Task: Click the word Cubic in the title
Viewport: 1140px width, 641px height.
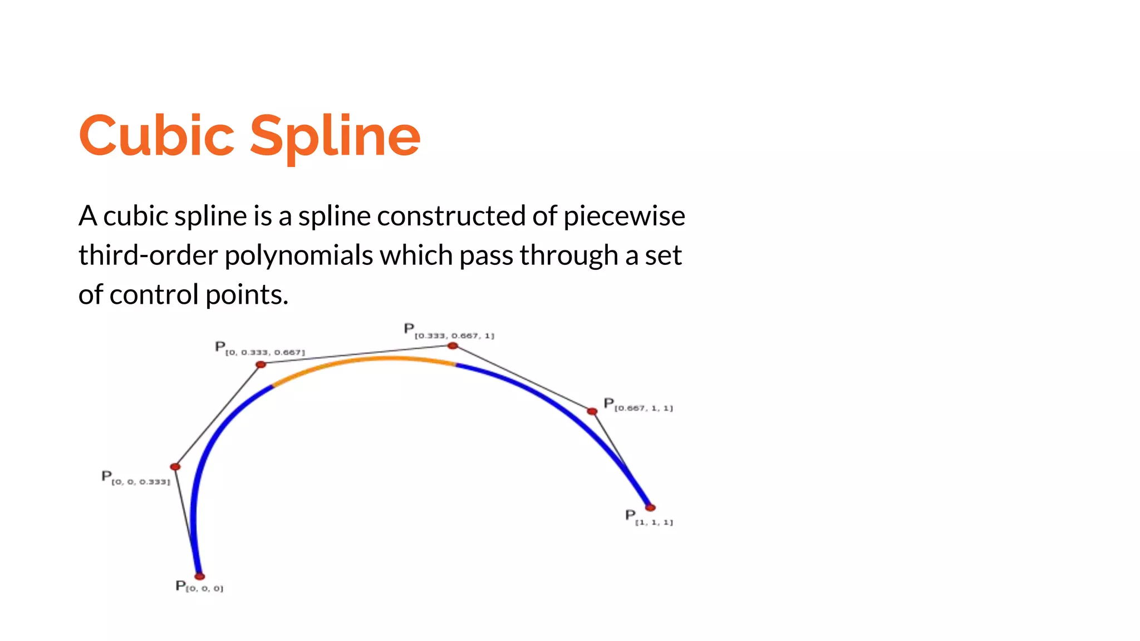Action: click(156, 136)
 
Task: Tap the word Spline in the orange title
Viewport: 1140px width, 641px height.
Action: click(335, 137)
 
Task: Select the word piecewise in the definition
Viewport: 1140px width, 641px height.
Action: click(624, 216)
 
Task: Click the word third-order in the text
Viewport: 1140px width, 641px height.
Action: click(148, 255)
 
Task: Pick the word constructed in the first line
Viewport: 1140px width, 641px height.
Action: click(451, 216)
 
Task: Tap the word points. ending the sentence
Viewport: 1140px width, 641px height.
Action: click(247, 295)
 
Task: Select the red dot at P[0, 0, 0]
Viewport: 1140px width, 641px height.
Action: click(199, 576)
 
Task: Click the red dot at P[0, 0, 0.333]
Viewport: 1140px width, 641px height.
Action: click(175, 467)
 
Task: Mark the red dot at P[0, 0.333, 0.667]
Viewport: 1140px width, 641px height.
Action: click(261, 364)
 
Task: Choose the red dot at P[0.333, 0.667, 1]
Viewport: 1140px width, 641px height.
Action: click(453, 346)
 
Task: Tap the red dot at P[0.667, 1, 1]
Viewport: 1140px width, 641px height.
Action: click(592, 412)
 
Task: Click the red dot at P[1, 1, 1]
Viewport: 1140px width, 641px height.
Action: click(650, 507)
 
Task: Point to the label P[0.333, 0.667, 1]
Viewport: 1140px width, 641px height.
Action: click(449, 332)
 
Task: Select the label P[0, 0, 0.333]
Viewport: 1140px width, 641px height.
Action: click(135, 479)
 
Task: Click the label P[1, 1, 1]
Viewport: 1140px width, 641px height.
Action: click(649, 518)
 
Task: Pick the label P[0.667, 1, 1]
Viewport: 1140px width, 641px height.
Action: click(638, 405)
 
